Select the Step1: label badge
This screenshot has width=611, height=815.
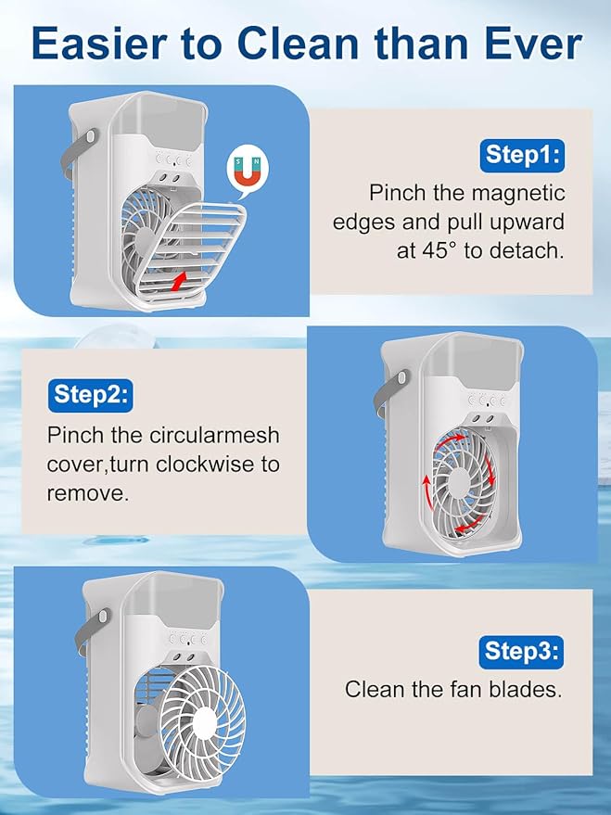coord(521,155)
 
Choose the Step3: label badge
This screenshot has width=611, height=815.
coord(521,651)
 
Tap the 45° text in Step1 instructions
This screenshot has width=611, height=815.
coord(436,250)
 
